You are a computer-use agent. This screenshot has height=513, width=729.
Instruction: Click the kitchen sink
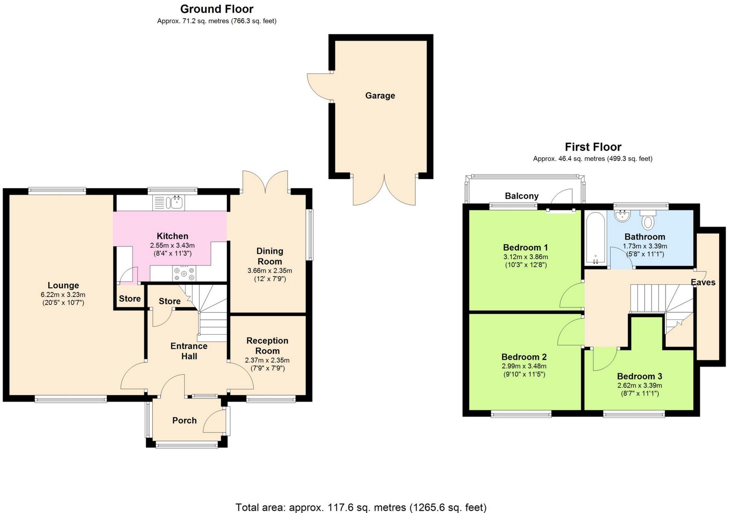tap(169, 203)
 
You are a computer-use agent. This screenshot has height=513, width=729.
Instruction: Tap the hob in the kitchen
tap(184, 273)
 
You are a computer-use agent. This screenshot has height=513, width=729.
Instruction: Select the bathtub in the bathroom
tap(595, 238)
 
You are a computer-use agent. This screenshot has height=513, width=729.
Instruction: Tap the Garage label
tap(380, 96)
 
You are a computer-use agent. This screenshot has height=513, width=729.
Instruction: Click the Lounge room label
tap(63, 285)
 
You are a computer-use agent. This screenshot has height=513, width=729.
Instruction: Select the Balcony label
tap(522, 196)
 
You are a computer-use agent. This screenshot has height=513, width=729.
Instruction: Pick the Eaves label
tap(703, 282)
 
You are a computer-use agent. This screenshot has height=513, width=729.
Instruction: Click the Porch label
tap(184, 420)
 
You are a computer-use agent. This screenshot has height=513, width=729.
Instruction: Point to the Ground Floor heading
tap(217, 9)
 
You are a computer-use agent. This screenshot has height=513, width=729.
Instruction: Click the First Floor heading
tap(593, 147)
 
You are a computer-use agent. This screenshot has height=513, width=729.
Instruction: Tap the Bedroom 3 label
tap(639, 376)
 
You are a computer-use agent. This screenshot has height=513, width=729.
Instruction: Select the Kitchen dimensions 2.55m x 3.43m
tap(172, 245)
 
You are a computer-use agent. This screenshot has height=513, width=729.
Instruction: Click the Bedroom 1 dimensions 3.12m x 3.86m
tap(526, 257)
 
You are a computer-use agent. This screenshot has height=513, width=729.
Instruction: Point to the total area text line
tap(361, 507)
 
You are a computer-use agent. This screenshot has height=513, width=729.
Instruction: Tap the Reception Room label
tap(267, 346)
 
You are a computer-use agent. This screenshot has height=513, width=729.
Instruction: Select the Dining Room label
tap(270, 256)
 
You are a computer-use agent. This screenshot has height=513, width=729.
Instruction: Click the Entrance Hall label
tap(189, 351)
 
